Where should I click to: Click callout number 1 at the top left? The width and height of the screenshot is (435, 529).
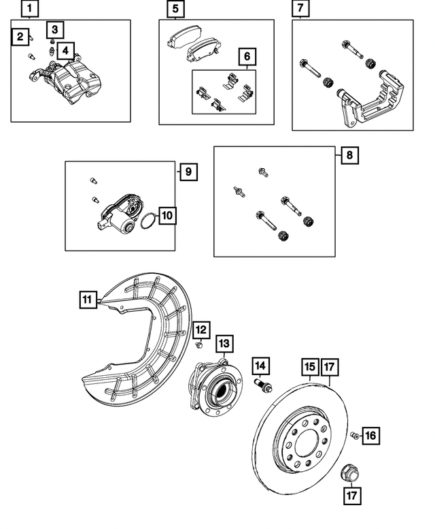click(x=30, y=10)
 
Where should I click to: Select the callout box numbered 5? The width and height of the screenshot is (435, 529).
click(x=176, y=10)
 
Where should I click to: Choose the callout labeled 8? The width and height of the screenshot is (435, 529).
click(x=349, y=155)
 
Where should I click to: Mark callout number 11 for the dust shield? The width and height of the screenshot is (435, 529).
click(x=87, y=299)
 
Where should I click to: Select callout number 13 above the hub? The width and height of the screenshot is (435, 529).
click(x=225, y=342)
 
